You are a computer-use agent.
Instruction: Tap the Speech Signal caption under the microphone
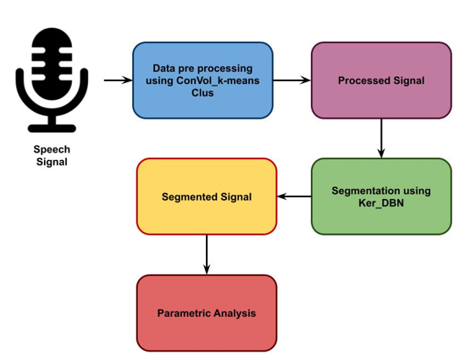(x=52, y=155)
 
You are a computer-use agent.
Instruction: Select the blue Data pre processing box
(x=202, y=80)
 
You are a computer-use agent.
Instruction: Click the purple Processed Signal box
(x=380, y=80)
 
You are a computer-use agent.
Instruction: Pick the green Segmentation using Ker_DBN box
(x=380, y=197)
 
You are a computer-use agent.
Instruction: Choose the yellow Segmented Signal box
(x=207, y=197)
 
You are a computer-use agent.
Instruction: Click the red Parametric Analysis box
(x=207, y=313)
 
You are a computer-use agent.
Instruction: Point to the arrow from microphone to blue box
(x=118, y=80)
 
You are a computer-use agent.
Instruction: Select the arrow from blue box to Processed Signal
(x=291, y=80)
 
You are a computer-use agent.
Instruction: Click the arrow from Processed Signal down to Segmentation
(x=381, y=138)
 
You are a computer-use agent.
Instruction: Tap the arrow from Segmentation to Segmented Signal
(x=294, y=197)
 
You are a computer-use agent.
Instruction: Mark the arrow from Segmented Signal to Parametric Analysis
(x=207, y=254)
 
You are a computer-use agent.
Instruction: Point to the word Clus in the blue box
(x=202, y=92)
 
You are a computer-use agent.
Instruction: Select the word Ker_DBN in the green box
(x=381, y=203)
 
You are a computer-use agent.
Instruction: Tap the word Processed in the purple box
(x=363, y=80)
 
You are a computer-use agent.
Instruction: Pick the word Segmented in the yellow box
(x=189, y=197)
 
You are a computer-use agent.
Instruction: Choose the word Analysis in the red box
(x=235, y=313)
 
